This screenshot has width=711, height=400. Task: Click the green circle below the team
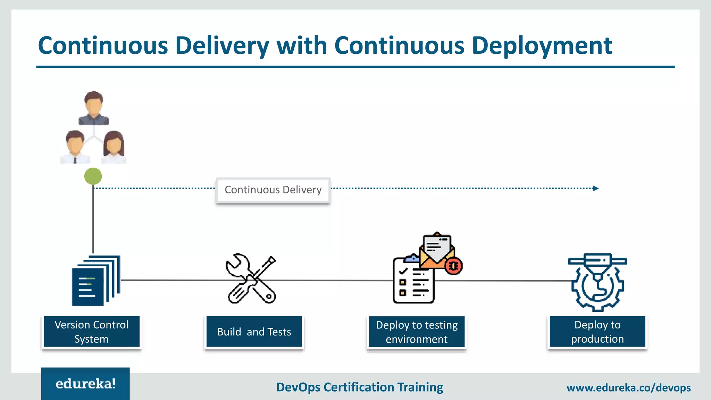[93, 176]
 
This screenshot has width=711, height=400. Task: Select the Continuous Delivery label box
[273, 190]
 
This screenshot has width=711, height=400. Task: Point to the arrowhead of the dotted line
[596, 189]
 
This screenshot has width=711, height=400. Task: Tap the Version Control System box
[92, 332]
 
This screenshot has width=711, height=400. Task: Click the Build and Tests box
[254, 332]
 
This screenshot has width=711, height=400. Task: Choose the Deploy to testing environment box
[417, 332]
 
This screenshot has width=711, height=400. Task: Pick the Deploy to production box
[597, 332]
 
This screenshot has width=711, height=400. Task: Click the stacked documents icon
[95, 281]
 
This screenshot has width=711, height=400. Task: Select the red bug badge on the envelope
[453, 266]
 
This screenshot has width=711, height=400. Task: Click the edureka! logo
[85, 384]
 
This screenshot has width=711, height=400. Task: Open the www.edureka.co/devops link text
[628, 387]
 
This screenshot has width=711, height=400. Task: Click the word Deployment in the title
[542, 46]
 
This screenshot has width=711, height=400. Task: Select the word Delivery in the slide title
[222, 46]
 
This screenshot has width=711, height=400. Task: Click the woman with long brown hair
[114, 147]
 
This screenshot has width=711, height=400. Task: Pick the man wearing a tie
[75, 147]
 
